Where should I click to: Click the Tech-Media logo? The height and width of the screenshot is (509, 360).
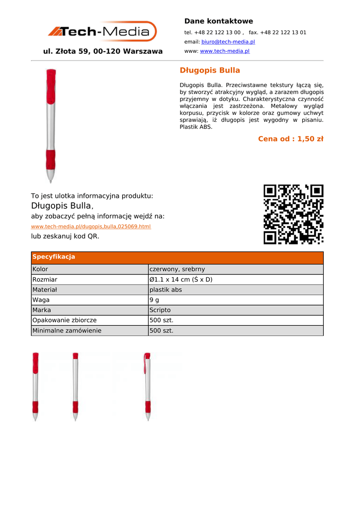102,31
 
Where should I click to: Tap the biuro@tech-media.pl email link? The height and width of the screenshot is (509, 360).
228,42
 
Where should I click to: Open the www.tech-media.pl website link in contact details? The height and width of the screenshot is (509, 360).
224,51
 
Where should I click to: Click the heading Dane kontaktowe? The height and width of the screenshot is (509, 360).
218,21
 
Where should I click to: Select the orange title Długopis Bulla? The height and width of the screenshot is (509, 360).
209,70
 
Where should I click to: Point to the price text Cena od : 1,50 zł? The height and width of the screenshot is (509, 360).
290,139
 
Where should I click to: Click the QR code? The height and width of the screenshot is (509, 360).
293,214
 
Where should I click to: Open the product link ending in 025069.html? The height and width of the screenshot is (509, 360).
90,227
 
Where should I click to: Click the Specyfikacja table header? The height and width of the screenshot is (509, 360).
54,257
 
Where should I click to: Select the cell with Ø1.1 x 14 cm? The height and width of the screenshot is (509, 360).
181,279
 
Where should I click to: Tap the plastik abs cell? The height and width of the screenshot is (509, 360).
166,290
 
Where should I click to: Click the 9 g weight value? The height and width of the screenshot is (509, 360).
154,300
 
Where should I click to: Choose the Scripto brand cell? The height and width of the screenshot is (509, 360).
160,310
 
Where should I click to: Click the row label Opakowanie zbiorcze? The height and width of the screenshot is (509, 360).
65,321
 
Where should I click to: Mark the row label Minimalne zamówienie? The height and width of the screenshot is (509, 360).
67,331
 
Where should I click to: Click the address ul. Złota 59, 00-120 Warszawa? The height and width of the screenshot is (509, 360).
103,51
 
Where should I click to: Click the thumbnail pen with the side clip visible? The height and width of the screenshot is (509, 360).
147,387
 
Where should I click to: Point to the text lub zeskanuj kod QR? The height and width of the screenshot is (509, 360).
65,236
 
